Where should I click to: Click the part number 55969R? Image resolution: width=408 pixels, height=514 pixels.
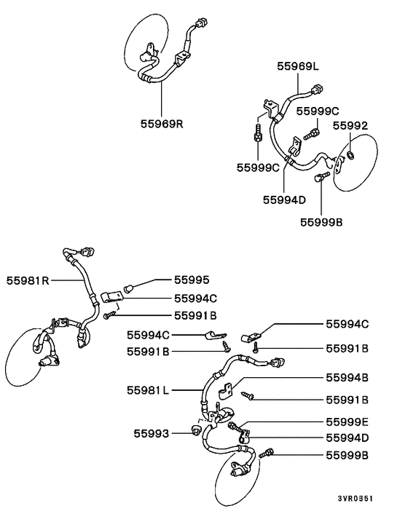pyautogui.click(x=162, y=123)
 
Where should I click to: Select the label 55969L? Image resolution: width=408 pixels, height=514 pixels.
pyautogui.click(x=298, y=66)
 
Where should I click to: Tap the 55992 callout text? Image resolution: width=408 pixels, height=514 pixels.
pyautogui.click(x=350, y=125)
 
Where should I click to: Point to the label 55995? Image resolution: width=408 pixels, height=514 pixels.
pyautogui.click(x=192, y=279)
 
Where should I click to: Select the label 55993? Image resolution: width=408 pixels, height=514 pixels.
pyautogui.click(x=150, y=434)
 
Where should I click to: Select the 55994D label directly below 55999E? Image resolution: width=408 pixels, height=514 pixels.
pyautogui.click(x=347, y=437)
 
